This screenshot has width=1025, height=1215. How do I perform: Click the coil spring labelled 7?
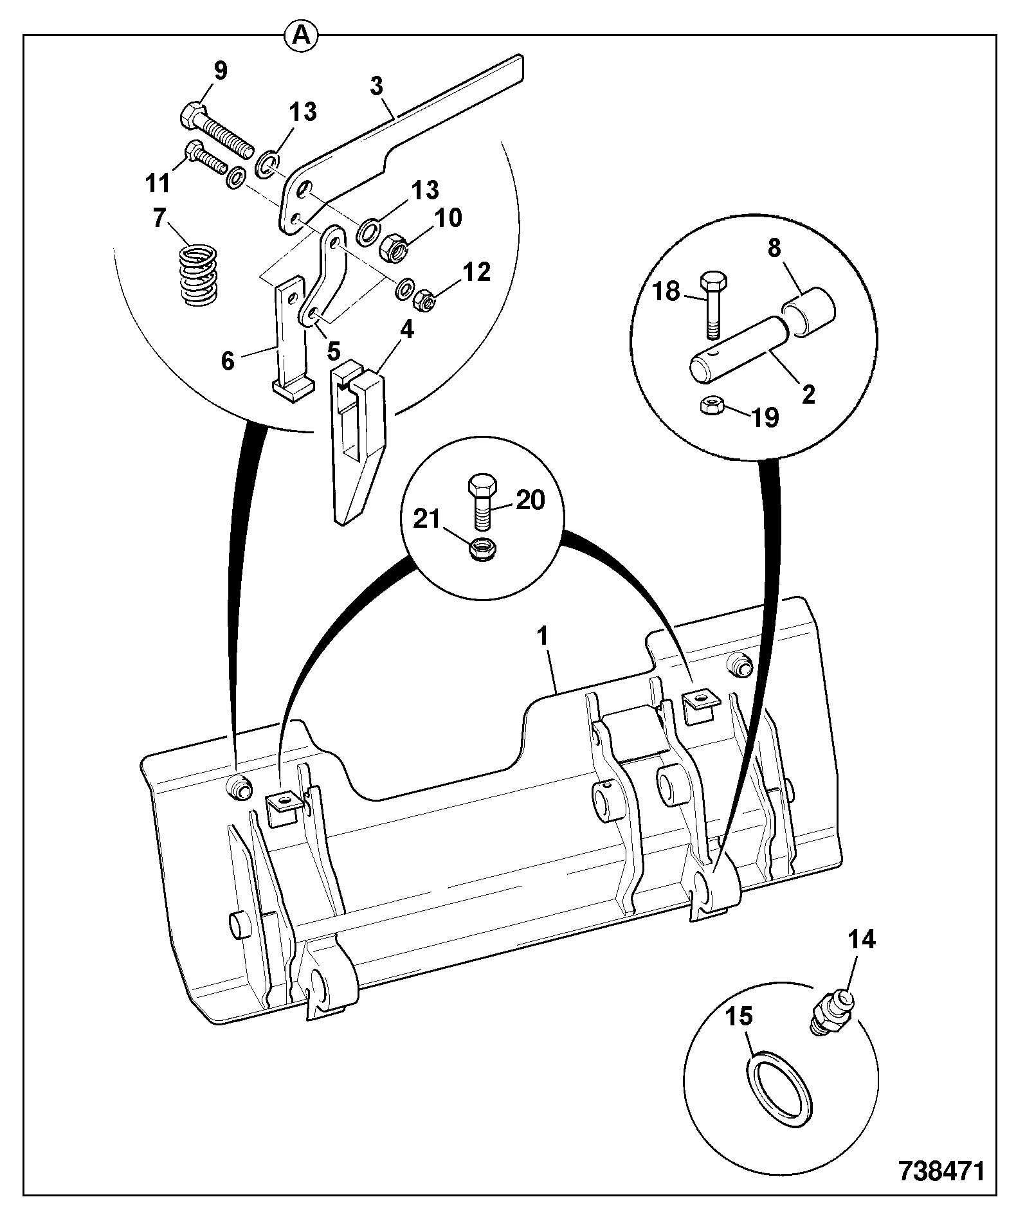click(198, 276)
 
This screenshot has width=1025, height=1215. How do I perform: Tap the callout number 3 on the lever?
click(377, 87)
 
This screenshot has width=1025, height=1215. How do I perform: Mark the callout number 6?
click(227, 361)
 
